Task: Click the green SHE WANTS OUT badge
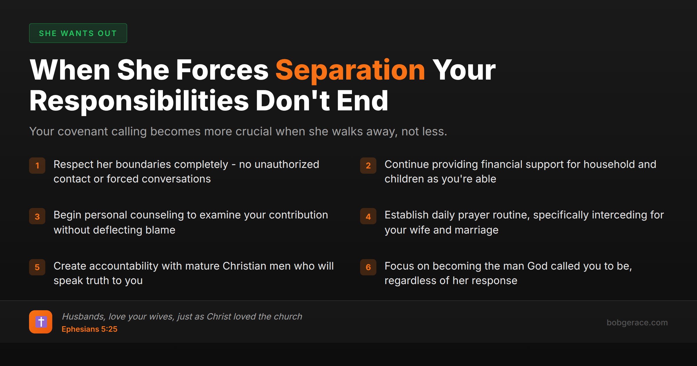coord(78,33)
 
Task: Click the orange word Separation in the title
coord(350,70)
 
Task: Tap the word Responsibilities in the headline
coord(139,101)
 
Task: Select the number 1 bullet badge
coord(37,166)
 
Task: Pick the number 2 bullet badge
coord(368,166)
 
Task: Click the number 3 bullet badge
coord(37,216)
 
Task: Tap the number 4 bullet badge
coord(368,216)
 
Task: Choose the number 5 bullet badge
coord(37,267)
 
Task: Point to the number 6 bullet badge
coord(368,267)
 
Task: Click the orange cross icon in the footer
coord(41,322)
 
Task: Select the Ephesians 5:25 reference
coord(89,329)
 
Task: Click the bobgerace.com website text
coord(637,322)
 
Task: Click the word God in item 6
coord(537,266)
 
